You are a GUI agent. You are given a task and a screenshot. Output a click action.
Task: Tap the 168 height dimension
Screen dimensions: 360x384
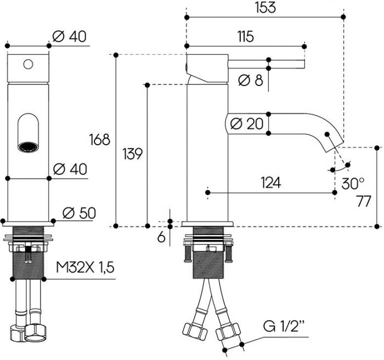pos(102,140)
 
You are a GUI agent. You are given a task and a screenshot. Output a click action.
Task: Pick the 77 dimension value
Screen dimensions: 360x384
pos(362,201)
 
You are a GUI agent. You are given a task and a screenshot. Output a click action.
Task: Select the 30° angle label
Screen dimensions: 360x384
pos(353,183)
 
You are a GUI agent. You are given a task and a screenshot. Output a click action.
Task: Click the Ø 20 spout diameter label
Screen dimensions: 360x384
pos(247,124)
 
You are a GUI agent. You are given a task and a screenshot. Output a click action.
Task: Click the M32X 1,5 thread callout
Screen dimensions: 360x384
pos(85,268)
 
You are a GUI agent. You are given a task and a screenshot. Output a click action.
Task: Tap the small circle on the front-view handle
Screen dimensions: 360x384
pos(27,64)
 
